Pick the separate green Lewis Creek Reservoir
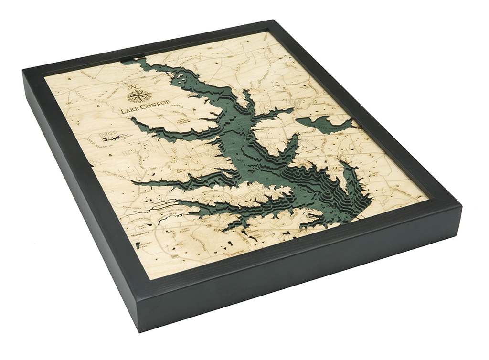pos(325,125)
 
